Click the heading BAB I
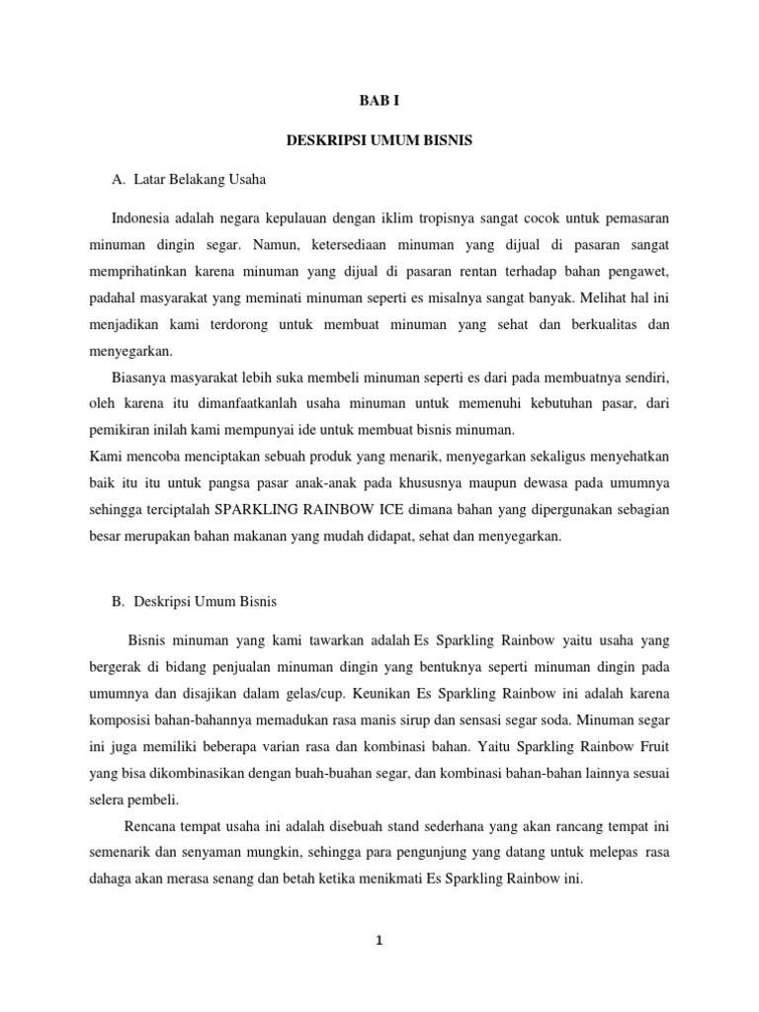[379, 101]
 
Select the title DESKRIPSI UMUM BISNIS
[379, 141]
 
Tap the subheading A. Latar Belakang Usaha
[190, 180]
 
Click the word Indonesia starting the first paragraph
[142, 216]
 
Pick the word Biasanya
[141, 377]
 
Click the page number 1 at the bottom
[379, 942]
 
